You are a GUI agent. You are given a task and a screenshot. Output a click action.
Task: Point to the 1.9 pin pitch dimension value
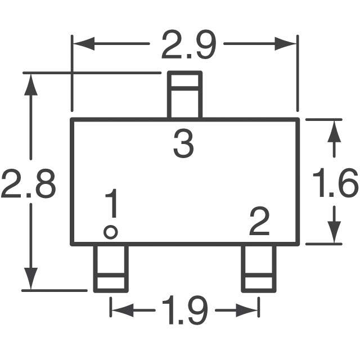[x=184, y=310]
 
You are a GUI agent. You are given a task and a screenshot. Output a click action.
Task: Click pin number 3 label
[x=183, y=144]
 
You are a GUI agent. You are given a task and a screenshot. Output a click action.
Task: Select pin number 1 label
[x=112, y=204]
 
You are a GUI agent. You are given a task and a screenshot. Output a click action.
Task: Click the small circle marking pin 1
[x=111, y=232]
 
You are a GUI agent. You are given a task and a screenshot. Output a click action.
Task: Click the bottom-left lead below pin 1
[x=110, y=268]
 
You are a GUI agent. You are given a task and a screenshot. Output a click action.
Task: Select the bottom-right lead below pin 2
[x=259, y=268]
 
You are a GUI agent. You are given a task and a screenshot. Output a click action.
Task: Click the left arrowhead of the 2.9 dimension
[x=82, y=44]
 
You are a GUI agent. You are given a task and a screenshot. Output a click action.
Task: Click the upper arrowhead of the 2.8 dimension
[x=32, y=83]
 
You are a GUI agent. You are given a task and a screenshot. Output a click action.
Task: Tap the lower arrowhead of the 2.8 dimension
[x=32, y=280]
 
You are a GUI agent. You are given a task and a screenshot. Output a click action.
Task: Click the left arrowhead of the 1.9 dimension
[x=119, y=310]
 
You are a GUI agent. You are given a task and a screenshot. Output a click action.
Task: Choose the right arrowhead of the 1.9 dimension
[x=251, y=310]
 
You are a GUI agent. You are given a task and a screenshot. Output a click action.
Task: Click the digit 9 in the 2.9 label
[x=204, y=45]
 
